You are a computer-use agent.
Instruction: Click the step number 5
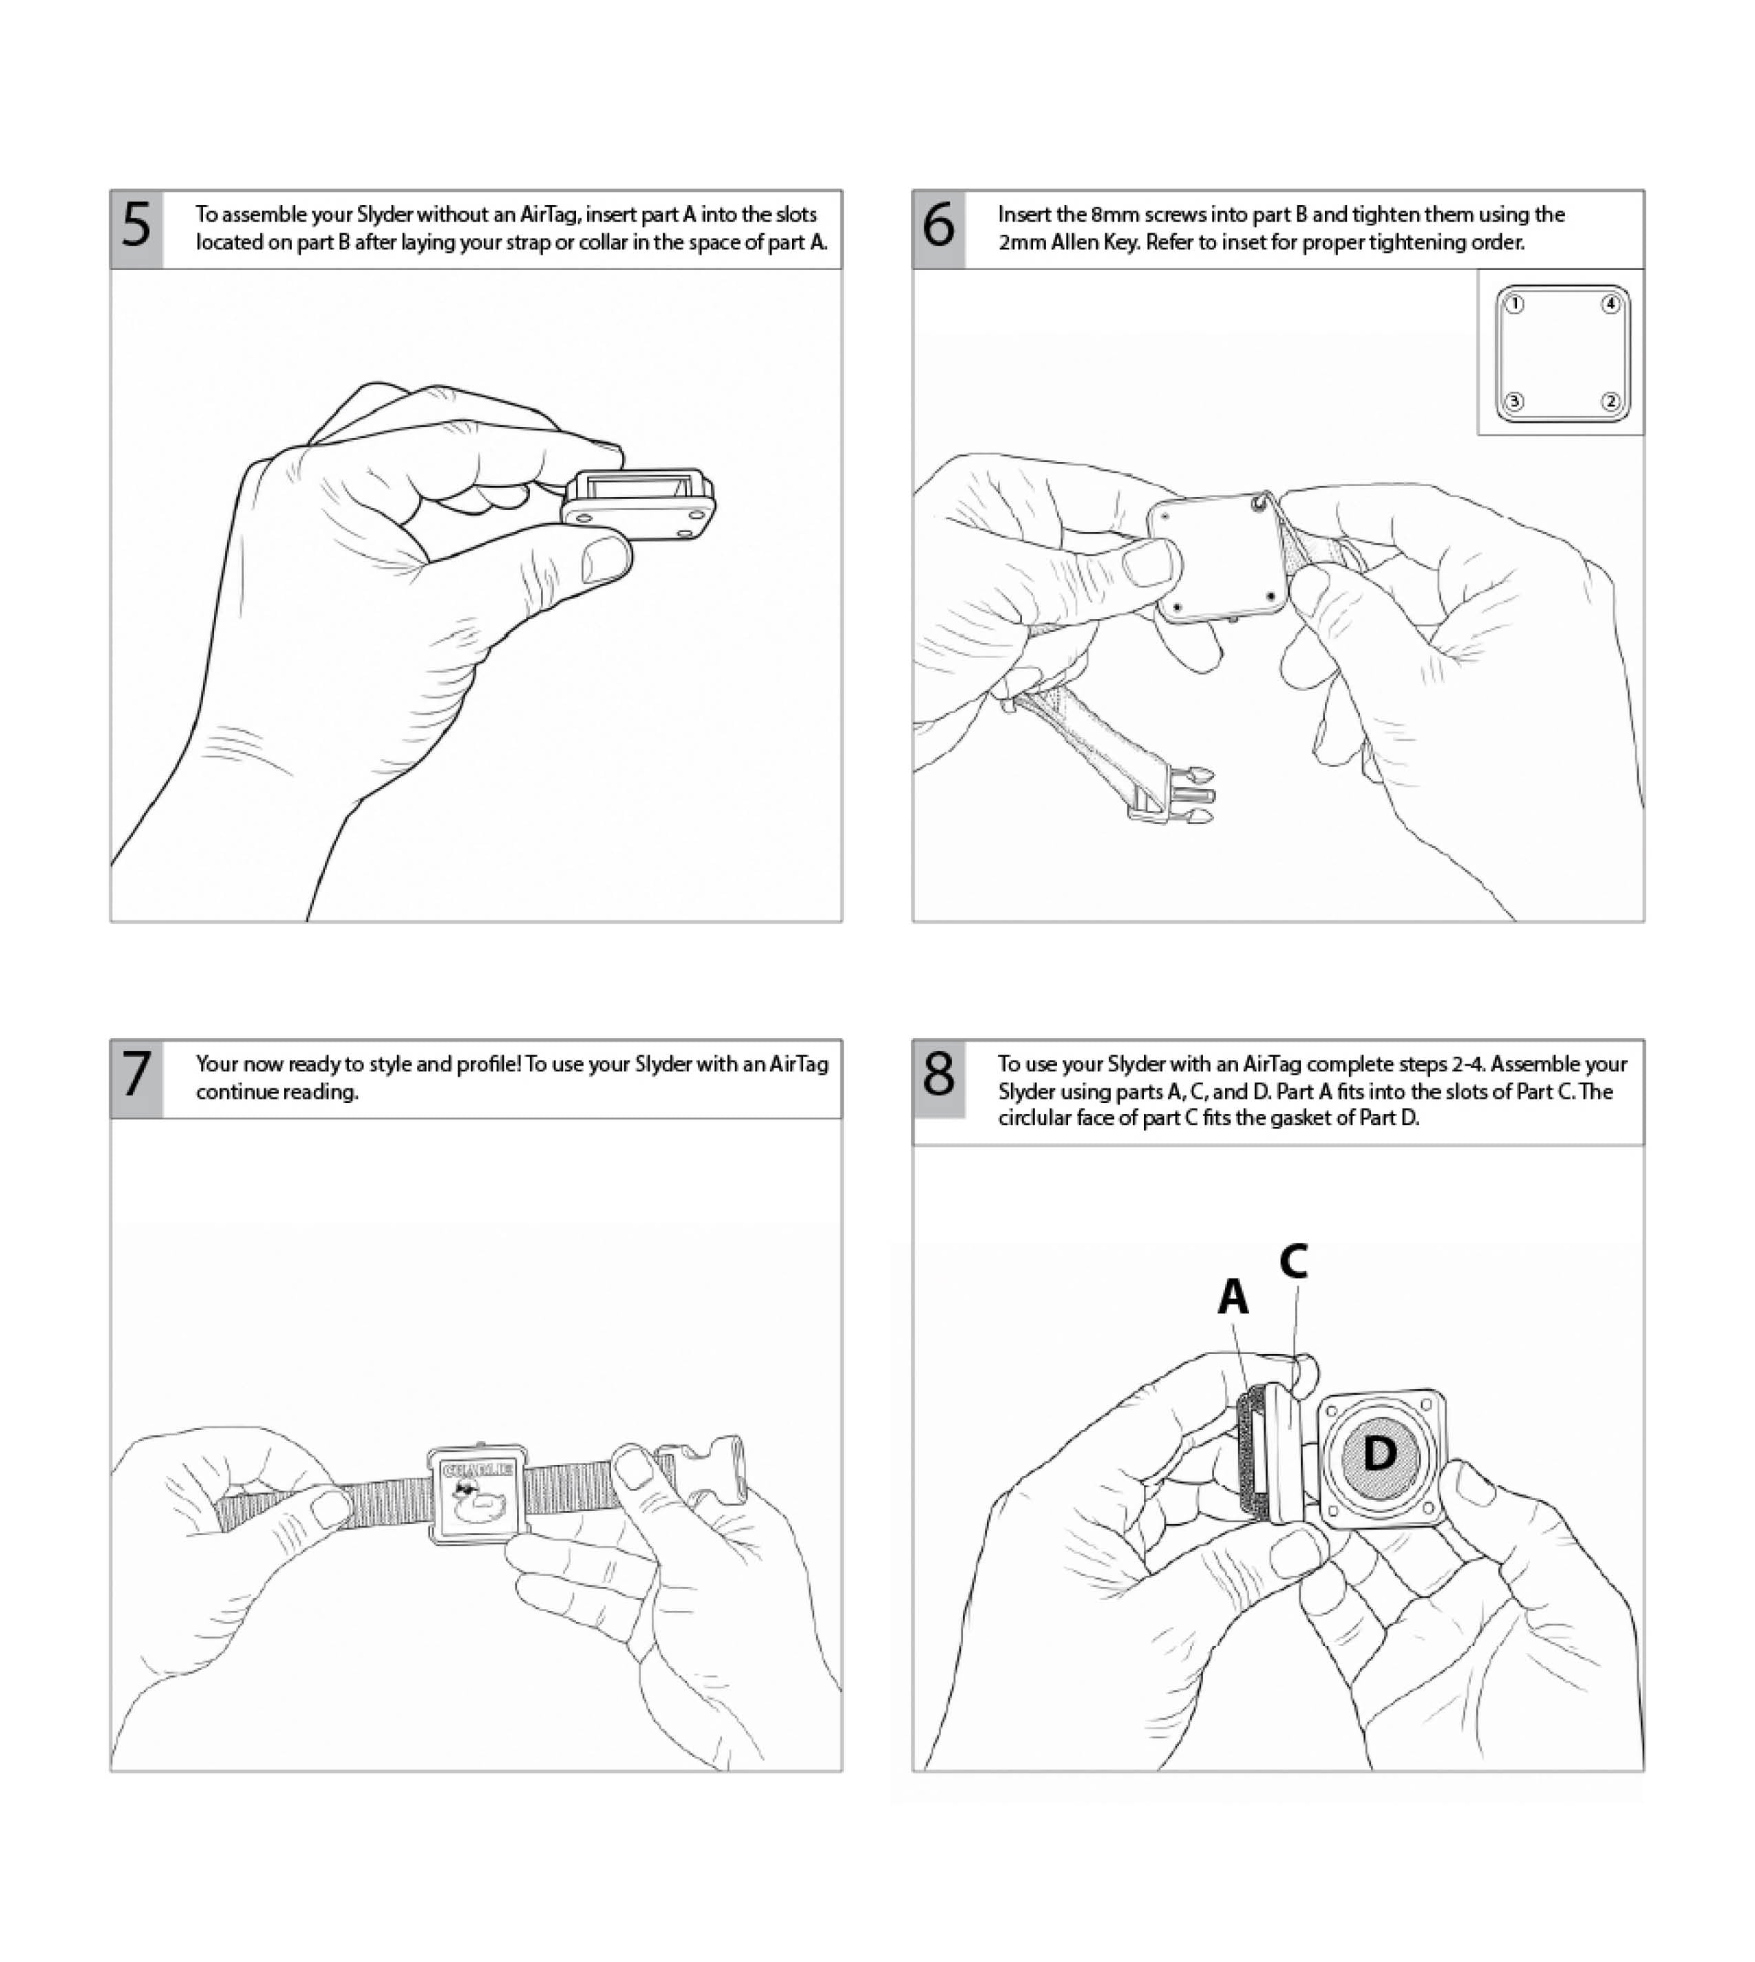click(136, 226)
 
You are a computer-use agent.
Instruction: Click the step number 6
click(938, 226)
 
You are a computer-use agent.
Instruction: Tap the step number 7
click(136, 1075)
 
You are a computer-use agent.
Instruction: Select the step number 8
click(938, 1075)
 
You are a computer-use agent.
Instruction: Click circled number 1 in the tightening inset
click(1515, 305)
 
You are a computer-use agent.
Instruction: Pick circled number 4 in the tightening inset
click(1609, 305)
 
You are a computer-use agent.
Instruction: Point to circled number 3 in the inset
click(1515, 401)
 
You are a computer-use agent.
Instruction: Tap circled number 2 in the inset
click(1609, 401)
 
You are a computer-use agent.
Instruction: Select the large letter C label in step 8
click(1293, 1260)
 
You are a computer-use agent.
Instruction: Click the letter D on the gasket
click(1380, 1454)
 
